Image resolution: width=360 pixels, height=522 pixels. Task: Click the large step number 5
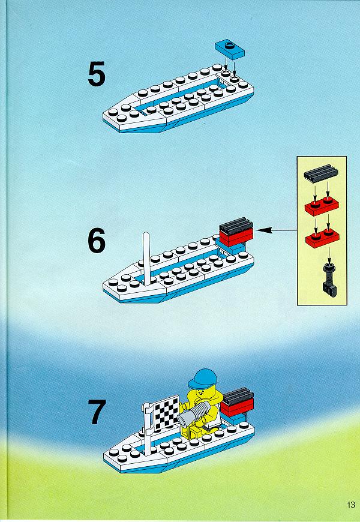[x=97, y=74]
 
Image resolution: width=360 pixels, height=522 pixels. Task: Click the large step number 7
[x=97, y=412]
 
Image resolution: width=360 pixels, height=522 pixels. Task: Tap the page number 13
[x=350, y=505]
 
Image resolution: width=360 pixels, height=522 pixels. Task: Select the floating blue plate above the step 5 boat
[x=229, y=49]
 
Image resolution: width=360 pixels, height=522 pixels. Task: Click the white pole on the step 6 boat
[x=146, y=259]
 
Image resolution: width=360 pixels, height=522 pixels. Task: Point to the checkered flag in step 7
[x=166, y=411]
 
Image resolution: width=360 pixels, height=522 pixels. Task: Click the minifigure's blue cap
[x=202, y=378]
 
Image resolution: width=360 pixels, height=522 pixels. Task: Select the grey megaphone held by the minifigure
[x=194, y=414]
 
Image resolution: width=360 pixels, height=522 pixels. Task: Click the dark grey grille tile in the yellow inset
[x=321, y=173]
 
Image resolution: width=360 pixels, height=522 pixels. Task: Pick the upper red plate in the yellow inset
[x=322, y=206]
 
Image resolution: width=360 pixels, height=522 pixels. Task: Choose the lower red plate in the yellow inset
[x=322, y=238]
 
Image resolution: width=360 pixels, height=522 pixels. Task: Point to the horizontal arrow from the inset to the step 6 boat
[x=277, y=230]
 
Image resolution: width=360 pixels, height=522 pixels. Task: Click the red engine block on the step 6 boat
[x=236, y=235]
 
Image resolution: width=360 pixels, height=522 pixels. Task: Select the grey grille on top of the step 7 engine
[x=237, y=396]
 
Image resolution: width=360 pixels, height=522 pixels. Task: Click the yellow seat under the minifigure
[x=196, y=431]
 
